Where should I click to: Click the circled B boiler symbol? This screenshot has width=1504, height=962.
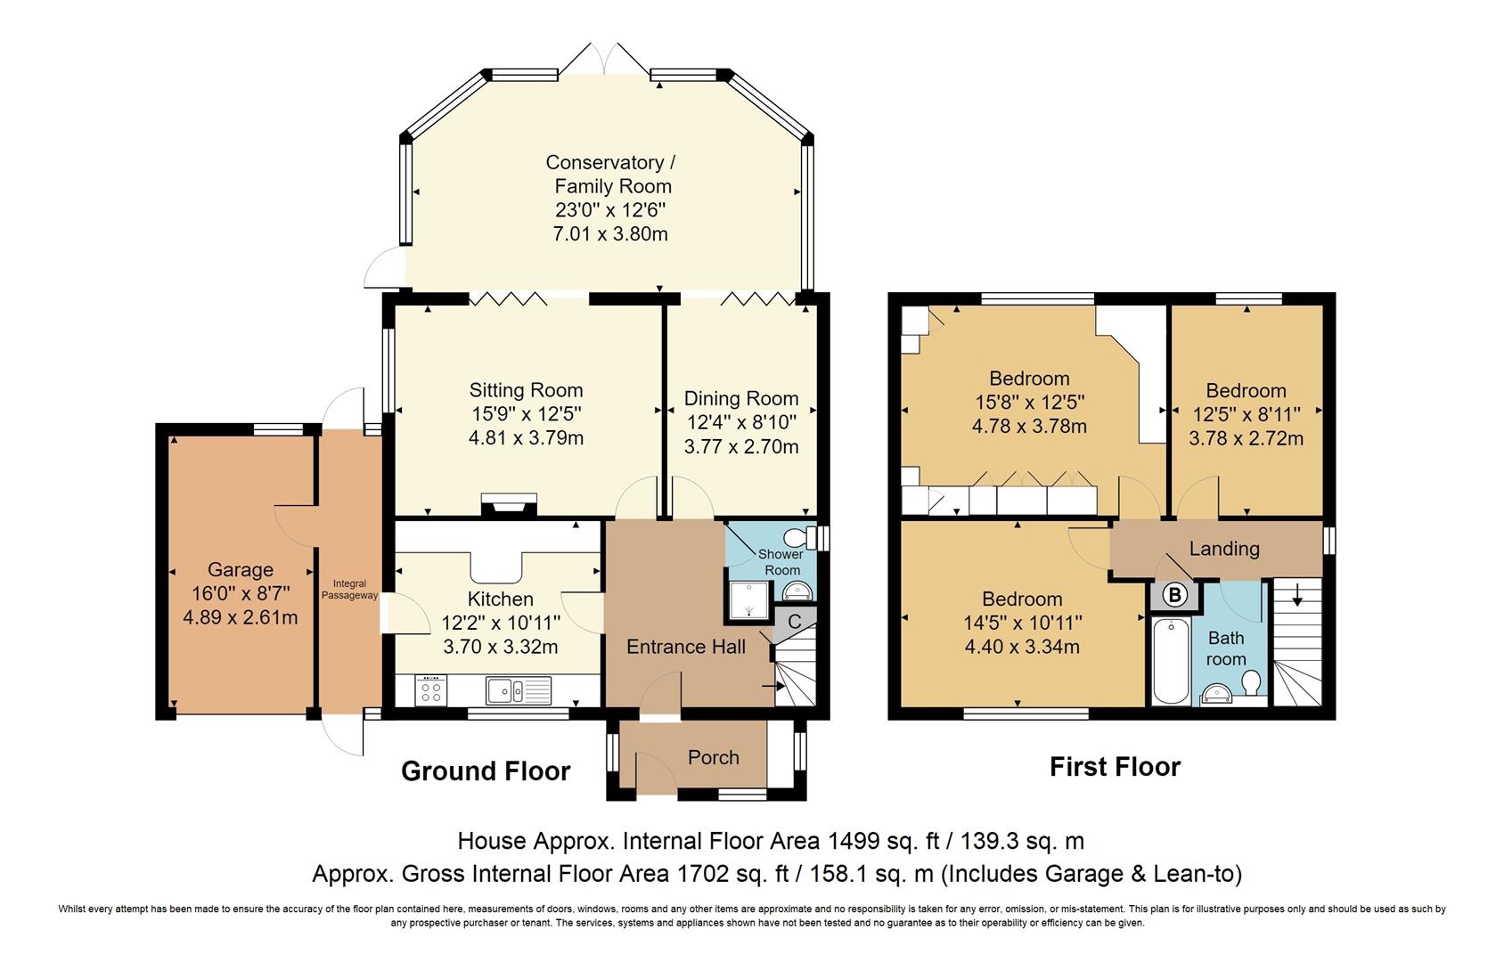1174,595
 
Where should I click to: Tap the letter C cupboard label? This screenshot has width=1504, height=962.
794,622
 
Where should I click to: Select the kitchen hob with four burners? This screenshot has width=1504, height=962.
431,689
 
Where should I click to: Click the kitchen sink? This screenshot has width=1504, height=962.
519,690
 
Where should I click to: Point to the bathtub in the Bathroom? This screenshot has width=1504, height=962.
1171,661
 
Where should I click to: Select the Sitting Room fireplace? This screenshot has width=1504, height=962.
509,505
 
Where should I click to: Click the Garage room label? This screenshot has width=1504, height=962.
241,569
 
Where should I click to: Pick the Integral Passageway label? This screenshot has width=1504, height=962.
349,590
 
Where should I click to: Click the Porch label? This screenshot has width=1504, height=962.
713,757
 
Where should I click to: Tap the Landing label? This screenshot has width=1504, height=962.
1224,549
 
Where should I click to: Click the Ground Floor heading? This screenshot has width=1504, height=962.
486,770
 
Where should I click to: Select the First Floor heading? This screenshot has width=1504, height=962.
1115,767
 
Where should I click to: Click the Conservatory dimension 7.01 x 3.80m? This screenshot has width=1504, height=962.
609,233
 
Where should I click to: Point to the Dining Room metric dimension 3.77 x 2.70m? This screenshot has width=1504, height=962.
741,446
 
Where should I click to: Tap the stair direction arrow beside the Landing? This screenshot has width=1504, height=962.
1297,595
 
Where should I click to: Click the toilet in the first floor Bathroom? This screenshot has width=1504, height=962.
1250,683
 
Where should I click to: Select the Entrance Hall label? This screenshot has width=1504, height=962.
685,647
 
